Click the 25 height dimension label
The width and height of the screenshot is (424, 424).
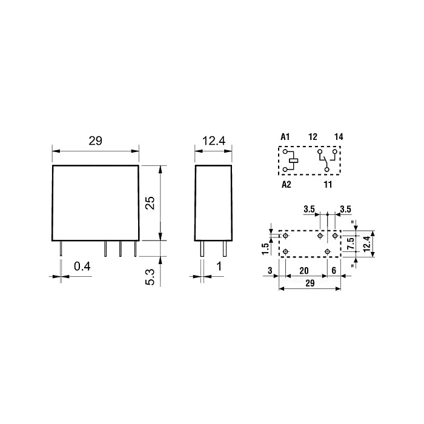tap(150, 202)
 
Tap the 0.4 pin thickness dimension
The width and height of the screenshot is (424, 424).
tap(82, 267)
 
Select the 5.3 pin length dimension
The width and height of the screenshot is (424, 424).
tap(150, 277)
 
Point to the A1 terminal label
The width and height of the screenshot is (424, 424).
tap(285, 137)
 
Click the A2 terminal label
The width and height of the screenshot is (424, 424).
tap(287, 184)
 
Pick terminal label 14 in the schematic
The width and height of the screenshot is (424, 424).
tap(339, 137)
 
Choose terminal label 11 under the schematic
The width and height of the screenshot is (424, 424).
tap(328, 184)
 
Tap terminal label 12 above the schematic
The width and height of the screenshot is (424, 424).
tap(313, 137)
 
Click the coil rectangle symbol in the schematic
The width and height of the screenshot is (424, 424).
tap(294, 161)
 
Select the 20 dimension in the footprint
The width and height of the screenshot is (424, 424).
tap(304, 270)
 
